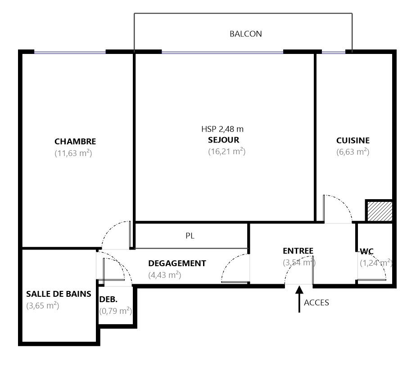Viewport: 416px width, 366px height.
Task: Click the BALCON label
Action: click(246, 34)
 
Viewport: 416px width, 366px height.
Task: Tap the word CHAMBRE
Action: click(75, 142)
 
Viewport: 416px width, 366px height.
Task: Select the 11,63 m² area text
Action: click(73, 153)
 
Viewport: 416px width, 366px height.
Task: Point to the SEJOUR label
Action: click(223, 140)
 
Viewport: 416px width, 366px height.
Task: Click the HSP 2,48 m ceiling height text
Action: click(222, 129)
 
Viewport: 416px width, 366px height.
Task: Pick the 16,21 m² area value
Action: click(226, 152)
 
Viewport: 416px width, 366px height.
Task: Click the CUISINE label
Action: click(353, 140)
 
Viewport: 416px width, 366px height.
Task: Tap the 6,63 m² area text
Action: click(353, 152)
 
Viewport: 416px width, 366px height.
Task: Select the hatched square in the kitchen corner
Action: click(380, 211)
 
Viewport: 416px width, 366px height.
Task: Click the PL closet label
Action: click(190, 236)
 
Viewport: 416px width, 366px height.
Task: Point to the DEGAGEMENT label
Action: click(177, 263)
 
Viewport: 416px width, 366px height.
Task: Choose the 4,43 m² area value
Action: click(164, 275)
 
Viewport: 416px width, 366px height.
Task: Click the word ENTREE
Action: click(298, 251)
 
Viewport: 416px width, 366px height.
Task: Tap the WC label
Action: click(366, 251)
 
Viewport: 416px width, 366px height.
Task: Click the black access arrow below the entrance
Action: click(299, 299)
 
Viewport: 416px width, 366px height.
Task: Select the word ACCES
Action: click(316, 303)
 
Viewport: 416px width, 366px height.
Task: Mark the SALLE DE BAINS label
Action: click(59, 294)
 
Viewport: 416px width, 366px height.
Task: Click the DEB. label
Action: click(108, 299)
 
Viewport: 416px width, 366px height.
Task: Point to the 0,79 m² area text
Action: click(115, 311)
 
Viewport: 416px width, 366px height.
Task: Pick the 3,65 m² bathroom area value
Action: click(42, 306)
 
